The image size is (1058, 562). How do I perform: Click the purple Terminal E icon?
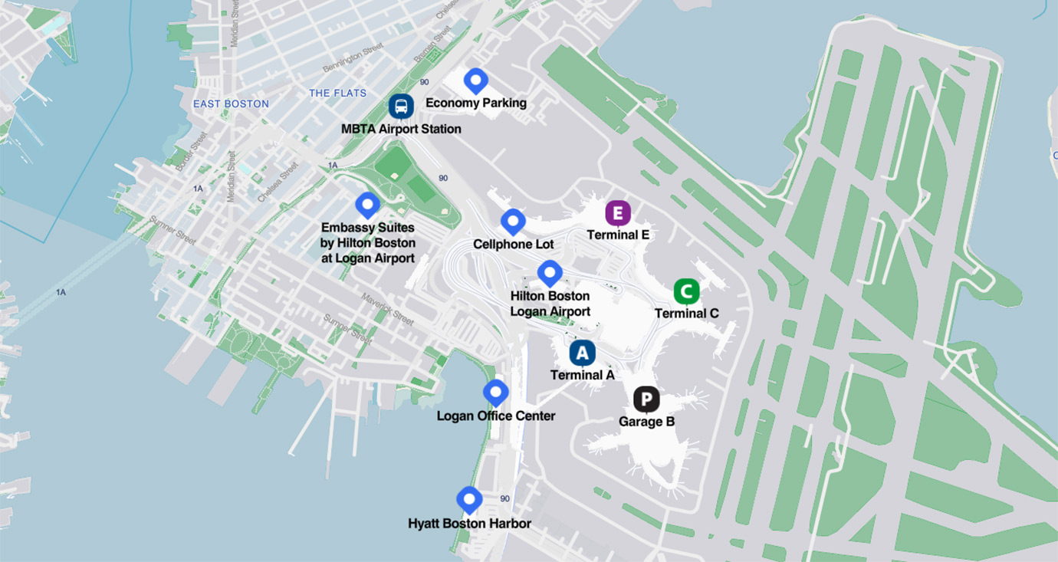click(x=618, y=213)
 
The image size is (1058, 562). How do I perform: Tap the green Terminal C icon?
click(x=686, y=291)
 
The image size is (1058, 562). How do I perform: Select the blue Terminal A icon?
click(x=582, y=353)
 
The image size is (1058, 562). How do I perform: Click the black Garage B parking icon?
click(x=646, y=399)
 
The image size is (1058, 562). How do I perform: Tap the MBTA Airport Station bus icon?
click(x=401, y=106)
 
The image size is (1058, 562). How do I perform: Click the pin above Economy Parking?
click(x=476, y=80)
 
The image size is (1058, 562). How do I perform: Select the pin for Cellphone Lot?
click(x=513, y=221)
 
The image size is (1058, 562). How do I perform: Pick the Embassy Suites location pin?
click(x=368, y=205)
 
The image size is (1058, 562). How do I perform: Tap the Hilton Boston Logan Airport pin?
click(x=550, y=272)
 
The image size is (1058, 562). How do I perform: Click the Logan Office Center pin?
click(x=496, y=392)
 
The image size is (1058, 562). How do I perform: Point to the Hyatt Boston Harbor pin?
click(x=469, y=499)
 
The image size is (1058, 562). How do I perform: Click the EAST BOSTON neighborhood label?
click(x=231, y=104)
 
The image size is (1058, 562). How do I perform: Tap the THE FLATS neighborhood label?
click(x=337, y=93)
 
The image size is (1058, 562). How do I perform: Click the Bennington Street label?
click(x=352, y=59)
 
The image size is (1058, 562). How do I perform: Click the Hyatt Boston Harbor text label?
click(x=469, y=524)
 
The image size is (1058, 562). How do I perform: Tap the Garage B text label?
click(x=646, y=422)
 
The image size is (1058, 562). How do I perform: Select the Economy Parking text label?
click(x=475, y=103)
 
